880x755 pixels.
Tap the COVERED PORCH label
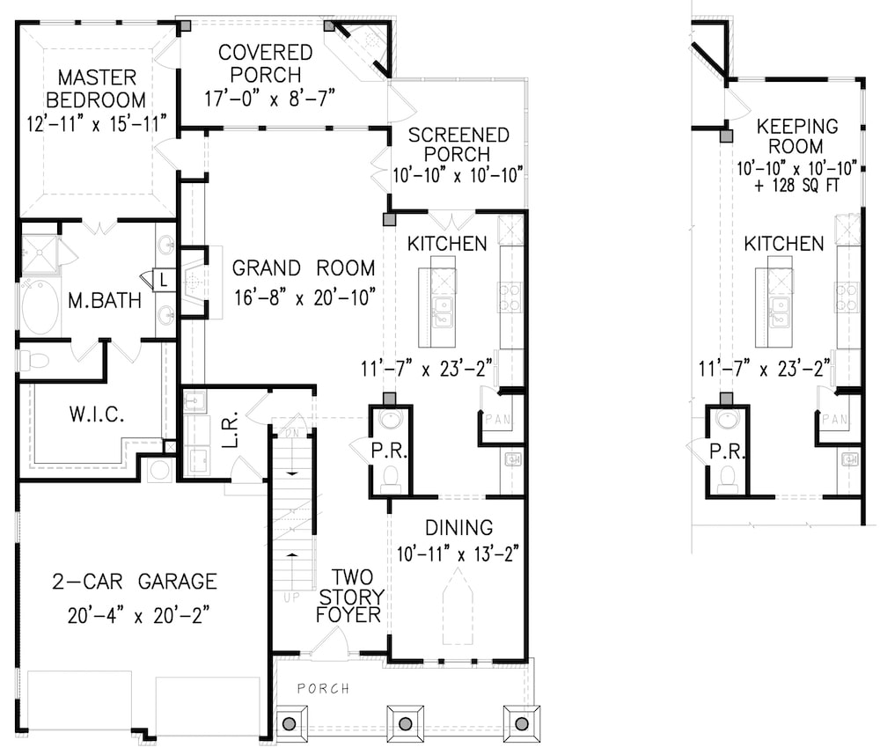pyautogui.click(x=266, y=63)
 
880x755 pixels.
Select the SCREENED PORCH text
pyautogui.click(x=458, y=144)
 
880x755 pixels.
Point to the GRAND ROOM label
pyautogui.click(x=304, y=268)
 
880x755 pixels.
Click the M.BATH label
pyautogui.click(x=105, y=301)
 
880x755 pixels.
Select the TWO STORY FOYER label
pyautogui.click(x=349, y=595)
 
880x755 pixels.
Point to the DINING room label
pyautogui.click(x=458, y=528)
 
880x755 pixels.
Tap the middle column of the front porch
pyautogui.click(x=406, y=723)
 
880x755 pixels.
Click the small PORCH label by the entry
pyautogui.click(x=323, y=688)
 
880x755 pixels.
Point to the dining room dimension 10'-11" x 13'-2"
pyautogui.click(x=458, y=553)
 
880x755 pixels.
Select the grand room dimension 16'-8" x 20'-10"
pyautogui.click(x=304, y=297)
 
